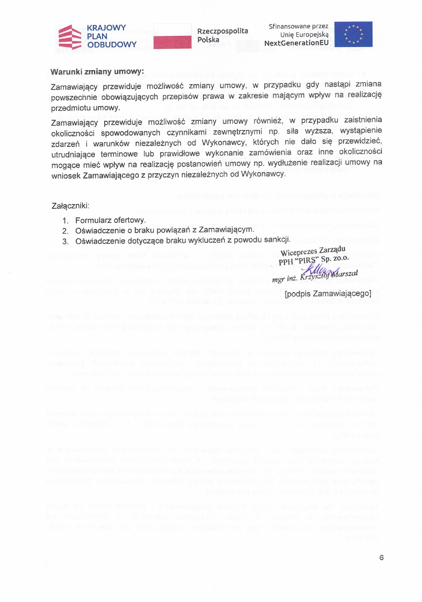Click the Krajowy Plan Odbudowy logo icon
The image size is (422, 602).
pos(70,37)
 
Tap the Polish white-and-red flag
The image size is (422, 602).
pos(172,36)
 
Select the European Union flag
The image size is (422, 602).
pos(353,34)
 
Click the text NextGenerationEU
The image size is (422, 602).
pos(296,43)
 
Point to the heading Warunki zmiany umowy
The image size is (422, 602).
pos(97,72)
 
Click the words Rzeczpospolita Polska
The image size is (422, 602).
pos(222,35)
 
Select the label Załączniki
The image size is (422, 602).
pos(70,206)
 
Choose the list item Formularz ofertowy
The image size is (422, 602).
pos(110,220)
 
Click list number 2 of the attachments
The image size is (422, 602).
pos(65,231)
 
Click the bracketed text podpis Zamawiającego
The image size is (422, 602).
pos(328,293)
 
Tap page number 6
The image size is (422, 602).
pos(381,557)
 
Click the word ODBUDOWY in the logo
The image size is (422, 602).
pos(112,45)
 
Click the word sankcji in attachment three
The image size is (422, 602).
pos(280,240)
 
